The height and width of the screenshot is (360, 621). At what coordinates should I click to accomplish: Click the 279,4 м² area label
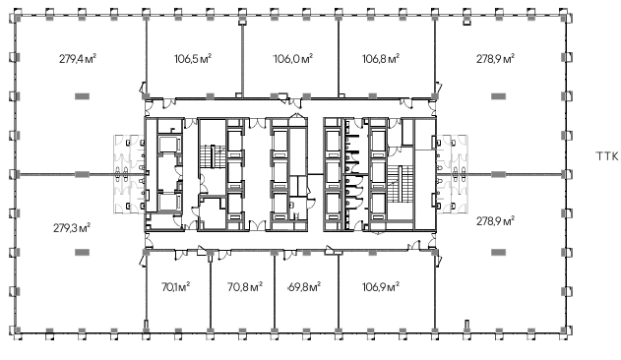[78, 59]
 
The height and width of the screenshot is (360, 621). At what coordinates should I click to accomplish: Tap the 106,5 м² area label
[193, 59]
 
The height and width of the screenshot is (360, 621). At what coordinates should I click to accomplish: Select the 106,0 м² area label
[293, 59]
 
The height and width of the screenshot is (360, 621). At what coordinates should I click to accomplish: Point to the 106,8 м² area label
[381, 59]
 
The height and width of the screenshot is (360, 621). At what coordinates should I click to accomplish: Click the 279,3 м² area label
[72, 228]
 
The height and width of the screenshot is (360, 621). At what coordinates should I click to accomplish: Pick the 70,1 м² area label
[175, 286]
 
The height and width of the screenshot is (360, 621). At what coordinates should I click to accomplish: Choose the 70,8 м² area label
[245, 286]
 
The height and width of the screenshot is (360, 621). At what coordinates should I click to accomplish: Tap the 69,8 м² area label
[304, 286]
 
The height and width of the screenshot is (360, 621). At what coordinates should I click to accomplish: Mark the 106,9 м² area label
[381, 286]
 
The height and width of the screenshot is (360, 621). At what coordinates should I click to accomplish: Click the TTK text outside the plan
[607, 156]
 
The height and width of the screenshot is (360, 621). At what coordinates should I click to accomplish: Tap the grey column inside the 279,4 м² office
[83, 95]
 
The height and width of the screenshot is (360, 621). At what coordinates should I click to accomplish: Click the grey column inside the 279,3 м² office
[83, 252]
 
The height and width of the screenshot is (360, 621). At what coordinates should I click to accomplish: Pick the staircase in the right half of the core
[398, 182]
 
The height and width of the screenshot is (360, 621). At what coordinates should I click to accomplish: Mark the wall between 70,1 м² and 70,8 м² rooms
[210, 292]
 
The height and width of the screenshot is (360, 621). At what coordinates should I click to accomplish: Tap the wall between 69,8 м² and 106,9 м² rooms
[339, 292]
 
